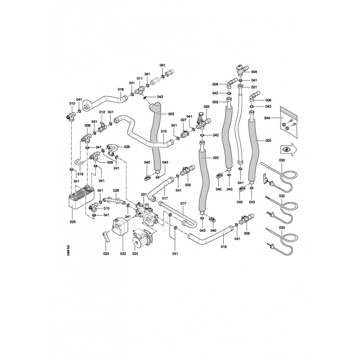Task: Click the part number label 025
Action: tap(72, 222)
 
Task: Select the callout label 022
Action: tap(123, 254)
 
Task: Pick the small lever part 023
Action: tap(106, 237)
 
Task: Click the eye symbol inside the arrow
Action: tap(286, 149)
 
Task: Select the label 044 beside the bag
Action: tap(267, 118)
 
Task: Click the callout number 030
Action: tap(282, 160)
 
